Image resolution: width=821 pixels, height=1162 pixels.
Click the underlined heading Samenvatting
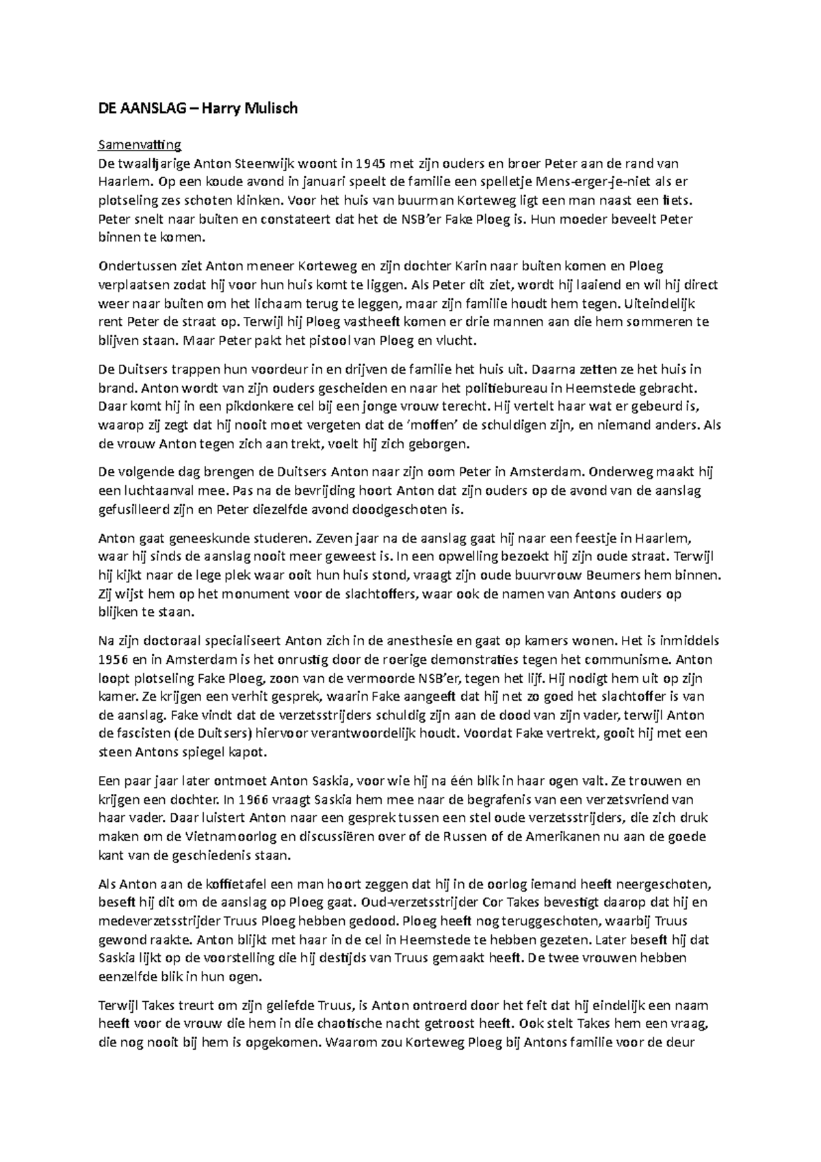tap(140, 144)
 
